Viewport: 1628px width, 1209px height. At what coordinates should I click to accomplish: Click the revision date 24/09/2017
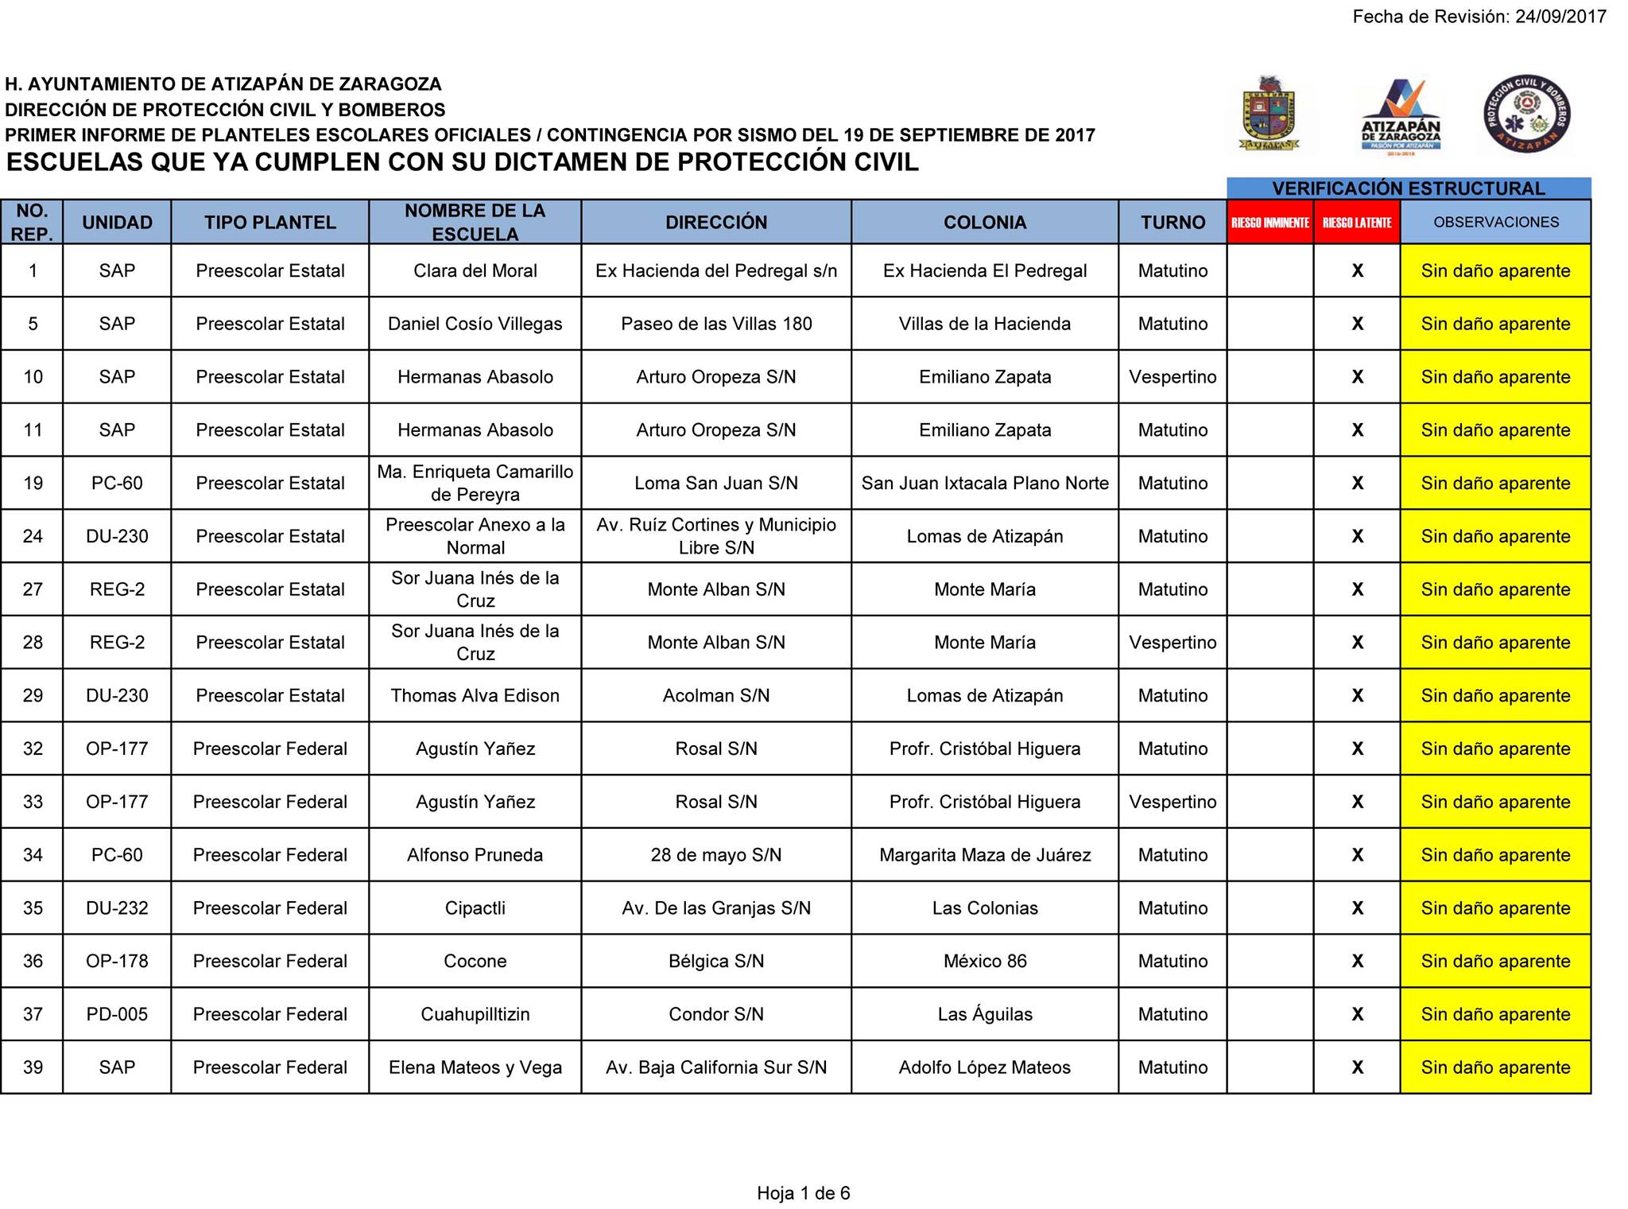(x=1560, y=17)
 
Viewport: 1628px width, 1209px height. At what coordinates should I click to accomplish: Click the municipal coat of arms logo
(x=1269, y=114)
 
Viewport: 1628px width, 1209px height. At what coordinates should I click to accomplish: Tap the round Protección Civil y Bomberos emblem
(x=1527, y=114)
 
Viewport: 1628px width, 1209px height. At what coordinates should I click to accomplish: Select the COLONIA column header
(x=984, y=223)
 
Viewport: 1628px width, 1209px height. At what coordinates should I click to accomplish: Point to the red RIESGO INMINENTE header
(x=1269, y=223)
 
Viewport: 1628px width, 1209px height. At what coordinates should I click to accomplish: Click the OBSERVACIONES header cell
(x=1495, y=223)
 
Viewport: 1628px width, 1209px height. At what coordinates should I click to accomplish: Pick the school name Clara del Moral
(x=475, y=271)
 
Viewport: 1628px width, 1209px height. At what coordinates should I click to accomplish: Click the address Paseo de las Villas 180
(x=716, y=324)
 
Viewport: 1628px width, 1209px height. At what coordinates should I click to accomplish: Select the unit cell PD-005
(x=117, y=1014)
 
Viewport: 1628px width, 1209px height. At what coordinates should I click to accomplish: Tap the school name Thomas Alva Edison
(x=475, y=696)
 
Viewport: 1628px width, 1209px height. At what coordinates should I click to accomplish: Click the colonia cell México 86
(x=984, y=961)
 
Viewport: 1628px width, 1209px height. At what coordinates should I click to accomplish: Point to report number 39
(x=33, y=1067)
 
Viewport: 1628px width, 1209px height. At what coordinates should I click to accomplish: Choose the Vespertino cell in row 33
(x=1173, y=802)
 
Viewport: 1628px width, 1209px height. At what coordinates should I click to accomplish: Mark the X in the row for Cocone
(x=1357, y=961)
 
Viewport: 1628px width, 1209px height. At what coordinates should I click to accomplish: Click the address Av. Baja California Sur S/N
(x=716, y=1067)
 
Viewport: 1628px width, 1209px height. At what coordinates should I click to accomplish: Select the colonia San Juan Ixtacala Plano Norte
(x=984, y=484)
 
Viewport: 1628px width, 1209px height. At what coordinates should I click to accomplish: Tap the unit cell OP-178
(x=117, y=961)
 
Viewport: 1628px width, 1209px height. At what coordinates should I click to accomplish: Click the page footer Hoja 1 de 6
(x=803, y=1193)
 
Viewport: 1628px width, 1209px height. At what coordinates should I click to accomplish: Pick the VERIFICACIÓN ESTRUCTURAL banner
(x=1408, y=189)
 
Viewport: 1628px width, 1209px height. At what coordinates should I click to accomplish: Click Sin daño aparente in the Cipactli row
(x=1495, y=908)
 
